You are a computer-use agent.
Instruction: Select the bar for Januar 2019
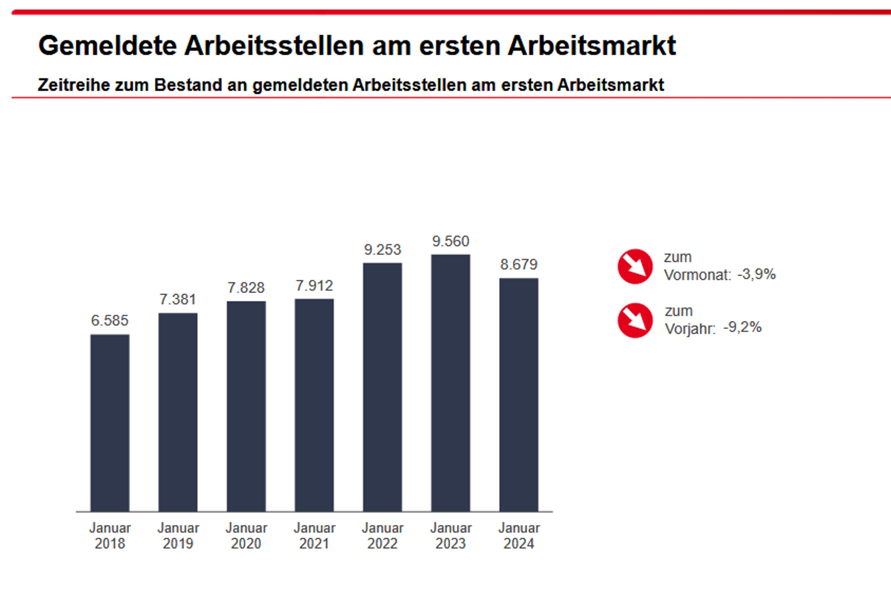tap(178, 412)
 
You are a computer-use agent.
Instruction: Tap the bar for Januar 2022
tap(382, 387)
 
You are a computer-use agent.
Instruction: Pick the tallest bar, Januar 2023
tap(451, 383)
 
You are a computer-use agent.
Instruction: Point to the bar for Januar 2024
tap(519, 395)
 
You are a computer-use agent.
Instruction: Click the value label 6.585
tap(110, 321)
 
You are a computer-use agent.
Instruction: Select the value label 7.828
tap(246, 288)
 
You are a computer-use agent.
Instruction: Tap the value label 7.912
tap(314, 286)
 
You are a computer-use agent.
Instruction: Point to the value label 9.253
tap(382, 250)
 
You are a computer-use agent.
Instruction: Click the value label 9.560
tap(451, 241)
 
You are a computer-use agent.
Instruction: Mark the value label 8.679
tap(519, 265)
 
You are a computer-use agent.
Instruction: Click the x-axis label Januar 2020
tap(246, 535)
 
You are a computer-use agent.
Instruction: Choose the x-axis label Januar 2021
tap(314, 535)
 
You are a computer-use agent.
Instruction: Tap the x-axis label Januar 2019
tap(178, 535)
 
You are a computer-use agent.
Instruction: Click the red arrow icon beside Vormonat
tap(635, 267)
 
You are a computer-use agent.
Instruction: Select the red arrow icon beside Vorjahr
tap(635, 321)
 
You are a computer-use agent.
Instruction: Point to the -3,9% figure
tap(756, 274)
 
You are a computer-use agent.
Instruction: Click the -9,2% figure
tap(742, 327)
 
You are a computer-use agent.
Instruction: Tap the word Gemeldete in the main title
tap(107, 46)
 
